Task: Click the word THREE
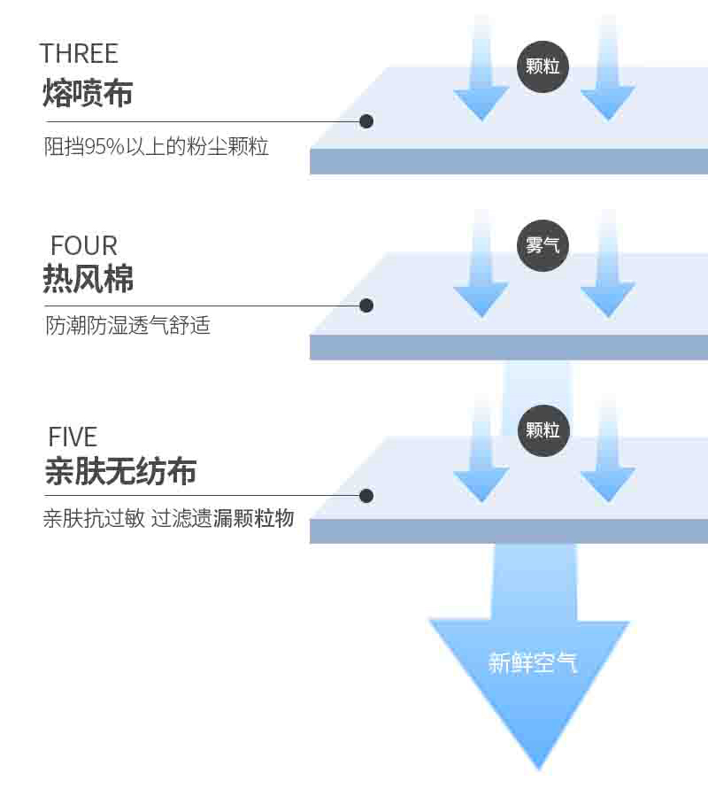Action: coord(79,53)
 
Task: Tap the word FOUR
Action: coord(84,245)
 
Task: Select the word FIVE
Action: coord(73,437)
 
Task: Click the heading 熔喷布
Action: coord(88,92)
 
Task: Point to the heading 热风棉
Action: coord(88,279)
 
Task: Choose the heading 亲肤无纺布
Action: coord(120,471)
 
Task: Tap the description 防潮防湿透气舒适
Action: coord(127,326)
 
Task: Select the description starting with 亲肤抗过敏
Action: coord(168,519)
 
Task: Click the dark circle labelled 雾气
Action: coord(543,245)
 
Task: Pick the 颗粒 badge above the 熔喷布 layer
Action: coord(543,66)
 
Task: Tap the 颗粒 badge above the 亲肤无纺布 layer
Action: coord(543,430)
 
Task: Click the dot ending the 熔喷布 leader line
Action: coord(366,121)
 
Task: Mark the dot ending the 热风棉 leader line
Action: coord(366,306)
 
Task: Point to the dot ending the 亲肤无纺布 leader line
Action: coord(366,496)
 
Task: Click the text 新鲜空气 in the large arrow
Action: coord(533,661)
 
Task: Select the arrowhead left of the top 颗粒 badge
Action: coord(481,102)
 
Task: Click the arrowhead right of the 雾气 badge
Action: coord(608,299)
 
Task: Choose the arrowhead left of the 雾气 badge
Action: coord(481,299)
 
